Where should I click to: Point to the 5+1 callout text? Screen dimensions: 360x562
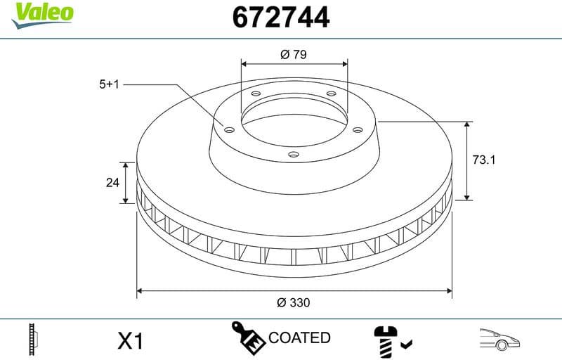110,84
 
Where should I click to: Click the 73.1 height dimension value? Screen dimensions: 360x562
484,160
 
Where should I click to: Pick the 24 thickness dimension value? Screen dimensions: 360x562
112,183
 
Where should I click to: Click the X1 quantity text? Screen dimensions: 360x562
131,341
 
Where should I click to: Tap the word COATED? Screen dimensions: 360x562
299,338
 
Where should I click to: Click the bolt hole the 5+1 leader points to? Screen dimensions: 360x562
229,129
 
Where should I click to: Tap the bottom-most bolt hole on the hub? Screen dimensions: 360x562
294,156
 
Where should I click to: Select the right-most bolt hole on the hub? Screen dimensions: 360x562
358,129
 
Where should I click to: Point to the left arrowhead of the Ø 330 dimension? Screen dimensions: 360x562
139,289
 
